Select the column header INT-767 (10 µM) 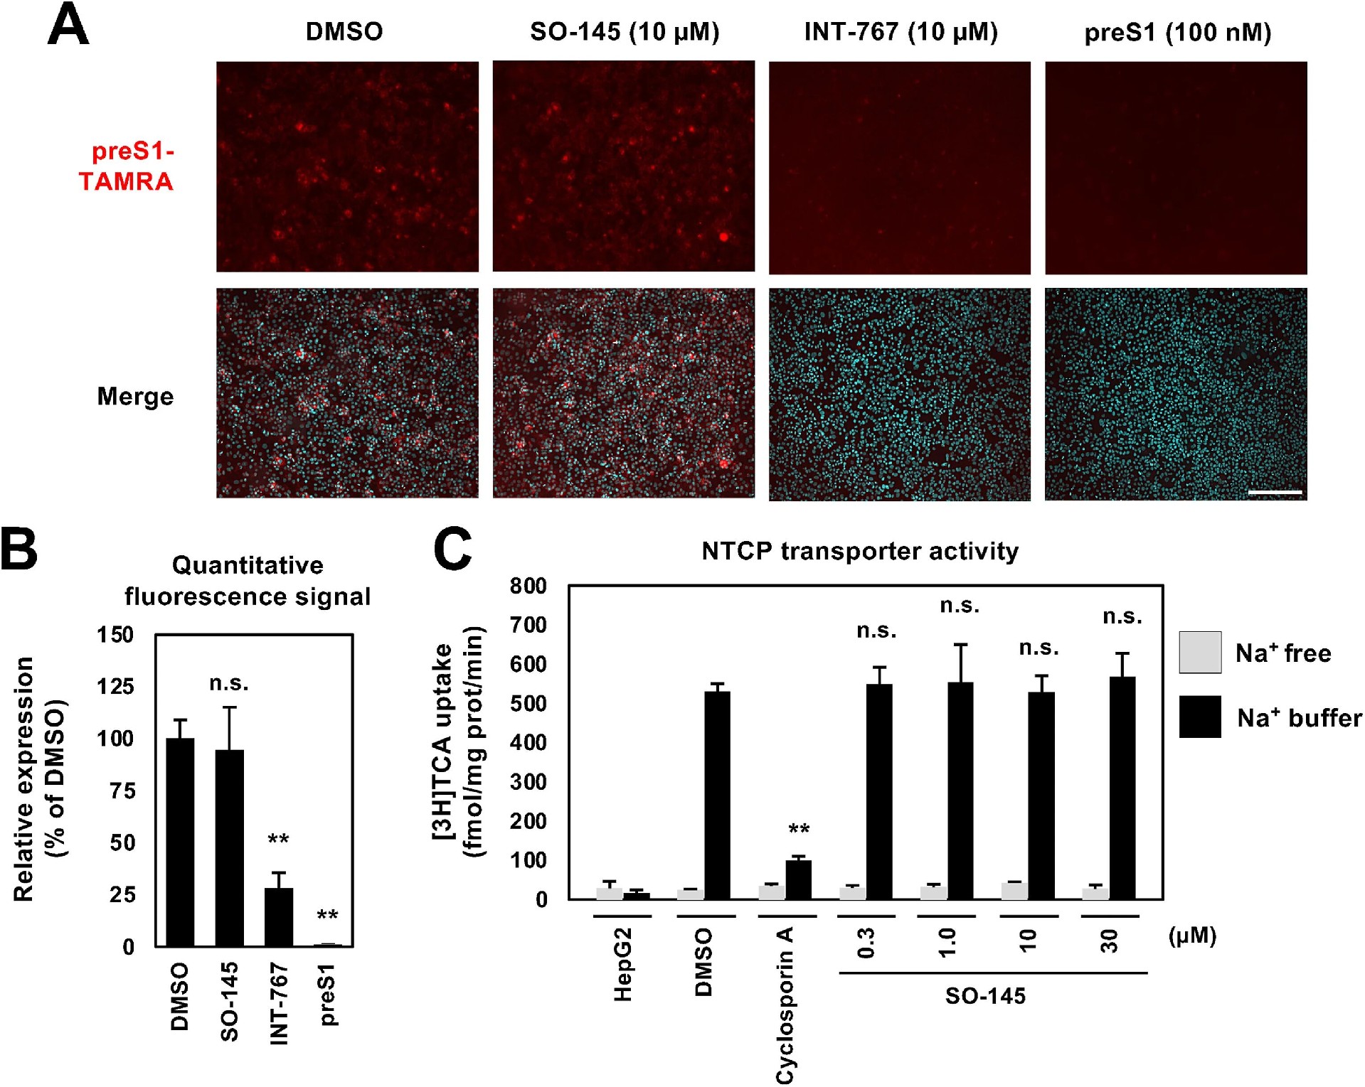(901, 32)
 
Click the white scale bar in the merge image (1275, 492)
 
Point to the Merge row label (135, 396)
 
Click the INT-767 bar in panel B (279, 916)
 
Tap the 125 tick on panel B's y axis (115, 686)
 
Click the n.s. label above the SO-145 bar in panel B (229, 683)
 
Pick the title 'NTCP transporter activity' (859, 551)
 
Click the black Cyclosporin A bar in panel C (798, 879)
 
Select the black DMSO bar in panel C (717, 795)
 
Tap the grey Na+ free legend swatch (1200, 652)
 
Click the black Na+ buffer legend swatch (1200, 717)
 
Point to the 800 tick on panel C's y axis (528, 586)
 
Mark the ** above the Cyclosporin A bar (799, 830)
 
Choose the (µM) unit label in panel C (1192, 936)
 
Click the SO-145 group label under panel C (985, 996)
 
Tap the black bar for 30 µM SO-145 (1122, 788)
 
